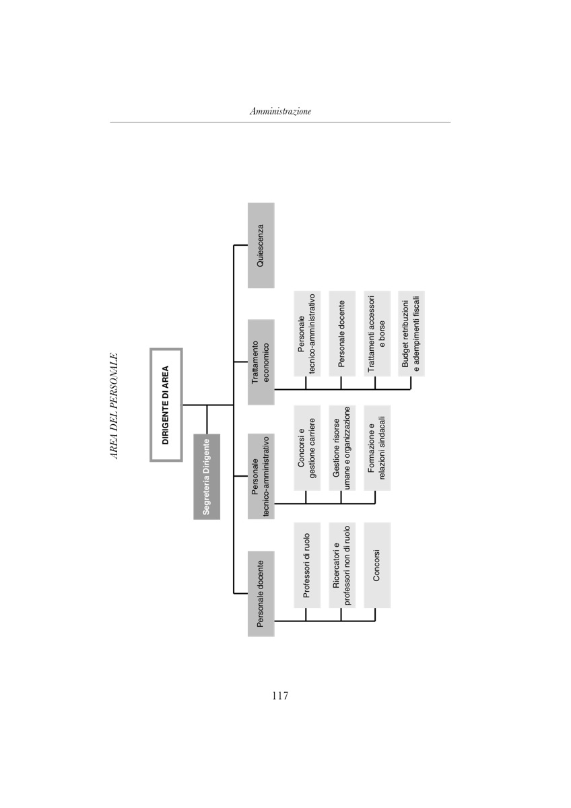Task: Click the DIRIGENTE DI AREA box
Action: coord(166,405)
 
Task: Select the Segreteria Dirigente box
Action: coord(207,477)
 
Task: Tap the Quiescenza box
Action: coord(261,245)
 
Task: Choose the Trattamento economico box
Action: coord(261,362)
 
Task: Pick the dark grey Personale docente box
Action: coord(261,593)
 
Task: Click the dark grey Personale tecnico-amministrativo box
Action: coord(261,477)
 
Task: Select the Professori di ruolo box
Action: coord(307,565)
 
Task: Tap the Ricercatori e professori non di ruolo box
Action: coord(341,565)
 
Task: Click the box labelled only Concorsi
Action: coord(376,565)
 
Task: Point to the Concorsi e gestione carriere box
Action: coord(307,448)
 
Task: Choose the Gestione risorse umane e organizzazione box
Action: coord(341,448)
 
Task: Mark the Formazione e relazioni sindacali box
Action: coord(376,448)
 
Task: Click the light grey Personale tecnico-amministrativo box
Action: coord(307,333)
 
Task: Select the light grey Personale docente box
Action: coord(341,333)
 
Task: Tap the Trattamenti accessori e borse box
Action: coord(376,333)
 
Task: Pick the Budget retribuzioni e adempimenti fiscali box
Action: coord(411,333)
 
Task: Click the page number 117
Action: coord(280,696)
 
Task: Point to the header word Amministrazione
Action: coord(280,112)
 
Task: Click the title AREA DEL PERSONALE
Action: coord(114,406)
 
